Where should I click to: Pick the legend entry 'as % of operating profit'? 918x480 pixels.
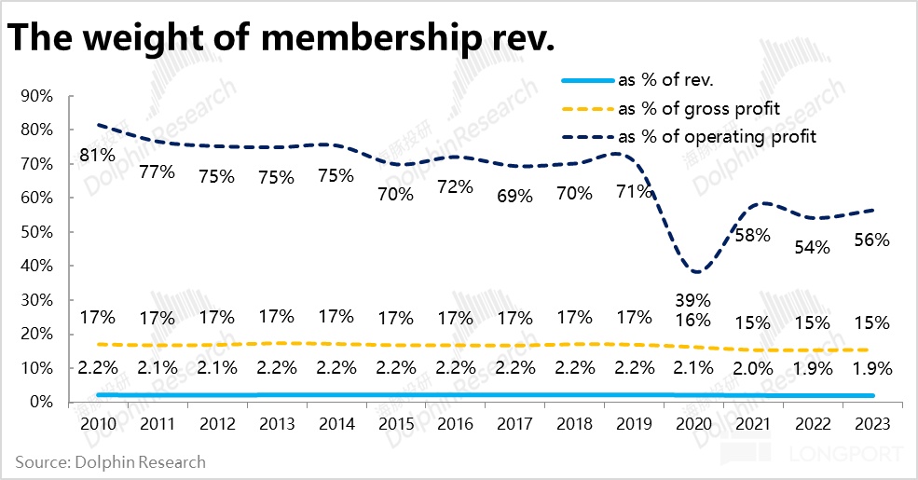[717, 136]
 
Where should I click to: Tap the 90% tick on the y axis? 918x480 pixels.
[35, 96]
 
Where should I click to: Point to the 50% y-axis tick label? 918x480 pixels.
[35, 232]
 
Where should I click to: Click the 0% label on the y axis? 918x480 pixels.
[39, 403]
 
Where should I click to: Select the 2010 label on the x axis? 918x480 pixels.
[97, 424]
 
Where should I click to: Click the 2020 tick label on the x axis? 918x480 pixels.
[692, 424]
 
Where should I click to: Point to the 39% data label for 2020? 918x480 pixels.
[692, 300]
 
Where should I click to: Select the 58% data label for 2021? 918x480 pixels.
[752, 235]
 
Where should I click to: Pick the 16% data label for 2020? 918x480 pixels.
[692, 319]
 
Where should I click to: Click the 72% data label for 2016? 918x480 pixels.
[455, 185]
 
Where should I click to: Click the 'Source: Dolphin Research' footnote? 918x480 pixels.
[110, 461]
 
